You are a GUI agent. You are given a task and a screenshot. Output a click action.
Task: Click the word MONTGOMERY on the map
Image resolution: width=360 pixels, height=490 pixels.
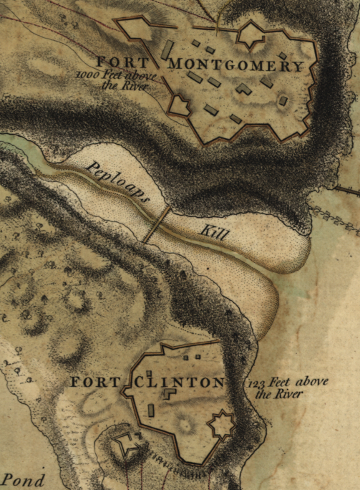pyautogui.click(x=236, y=65)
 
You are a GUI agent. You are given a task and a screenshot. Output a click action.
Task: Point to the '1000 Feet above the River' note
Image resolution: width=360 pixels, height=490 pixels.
pyautogui.click(x=114, y=81)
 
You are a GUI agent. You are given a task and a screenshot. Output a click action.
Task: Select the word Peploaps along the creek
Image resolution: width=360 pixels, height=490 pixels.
pyautogui.click(x=117, y=183)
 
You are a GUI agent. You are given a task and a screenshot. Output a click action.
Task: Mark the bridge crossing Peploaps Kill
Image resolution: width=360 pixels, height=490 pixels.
pyautogui.click(x=156, y=224)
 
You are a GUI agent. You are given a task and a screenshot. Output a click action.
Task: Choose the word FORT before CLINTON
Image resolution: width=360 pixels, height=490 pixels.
pyautogui.click(x=94, y=383)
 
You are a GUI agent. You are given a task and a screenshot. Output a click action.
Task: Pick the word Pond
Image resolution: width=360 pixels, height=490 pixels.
pyautogui.click(x=24, y=480)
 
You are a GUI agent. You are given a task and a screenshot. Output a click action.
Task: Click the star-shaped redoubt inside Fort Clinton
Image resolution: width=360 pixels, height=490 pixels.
pyautogui.click(x=221, y=426)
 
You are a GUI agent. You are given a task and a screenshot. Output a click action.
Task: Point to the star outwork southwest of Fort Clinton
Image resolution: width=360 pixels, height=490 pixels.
pyautogui.click(x=127, y=446)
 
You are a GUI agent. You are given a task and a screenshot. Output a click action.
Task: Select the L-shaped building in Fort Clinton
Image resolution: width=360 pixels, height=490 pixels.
pyautogui.click(x=170, y=394)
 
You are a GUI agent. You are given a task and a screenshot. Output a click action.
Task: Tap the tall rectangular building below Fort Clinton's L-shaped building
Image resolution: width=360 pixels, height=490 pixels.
pyautogui.click(x=152, y=411)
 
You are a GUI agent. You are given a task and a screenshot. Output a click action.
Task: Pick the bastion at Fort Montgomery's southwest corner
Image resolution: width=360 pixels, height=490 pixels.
pyautogui.click(x=179, y=106)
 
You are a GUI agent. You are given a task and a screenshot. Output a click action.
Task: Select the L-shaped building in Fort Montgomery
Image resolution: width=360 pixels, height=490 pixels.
pyautogui.click(x=244, y=89)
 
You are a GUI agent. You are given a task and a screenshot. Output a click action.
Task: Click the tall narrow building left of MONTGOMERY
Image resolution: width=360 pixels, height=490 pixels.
pyautogui.click(x=167, y=49)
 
